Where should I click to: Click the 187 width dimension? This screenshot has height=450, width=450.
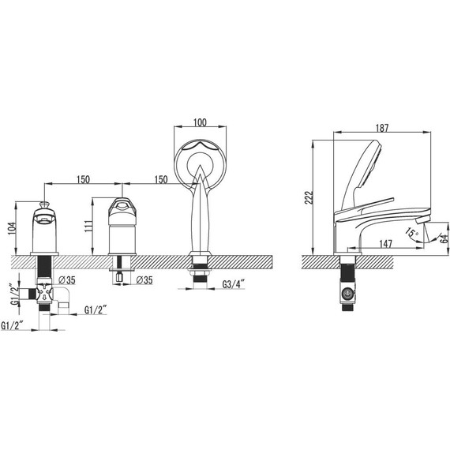(x=382, y=128)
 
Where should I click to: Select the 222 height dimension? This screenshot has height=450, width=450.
(x=309, y=197)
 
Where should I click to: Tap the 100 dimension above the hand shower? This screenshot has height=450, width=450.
(x=200, y=122)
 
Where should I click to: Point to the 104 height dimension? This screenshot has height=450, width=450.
(x=12, y=228)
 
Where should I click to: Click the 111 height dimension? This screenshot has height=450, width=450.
(x=88, y=227)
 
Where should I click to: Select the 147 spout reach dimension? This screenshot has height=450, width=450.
(x=385, y=244)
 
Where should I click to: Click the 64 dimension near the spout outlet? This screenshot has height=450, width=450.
(x=444, y=238)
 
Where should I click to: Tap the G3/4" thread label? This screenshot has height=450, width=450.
(x=233, y=284)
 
